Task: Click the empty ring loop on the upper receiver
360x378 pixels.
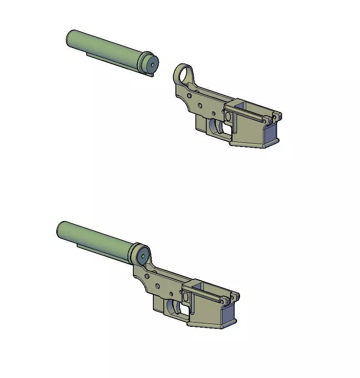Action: point(184,75)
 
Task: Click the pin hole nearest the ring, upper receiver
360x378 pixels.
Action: point(190,96)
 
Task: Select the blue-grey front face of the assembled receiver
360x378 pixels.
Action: point(228,314)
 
